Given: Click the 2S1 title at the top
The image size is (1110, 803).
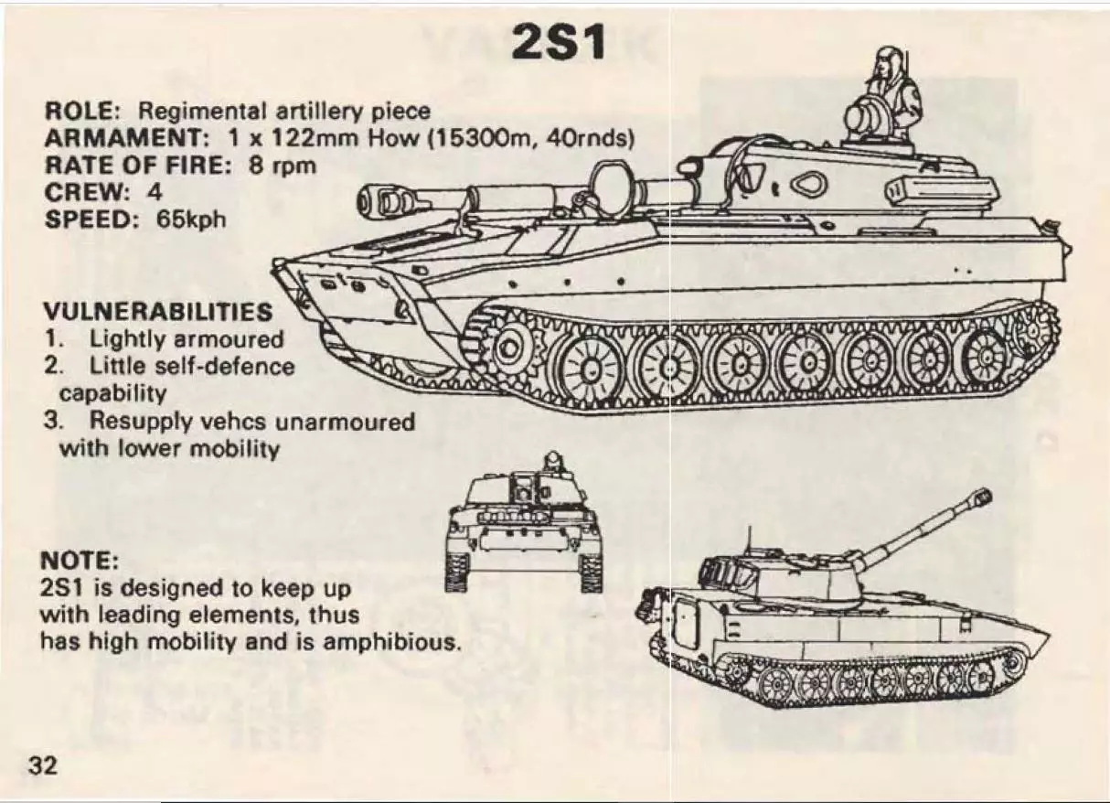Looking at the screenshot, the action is click(x=559, y=42).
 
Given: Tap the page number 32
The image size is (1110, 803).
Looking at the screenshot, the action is click(x=43, y=766).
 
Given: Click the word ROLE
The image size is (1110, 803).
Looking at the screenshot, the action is click(x=81, y=111).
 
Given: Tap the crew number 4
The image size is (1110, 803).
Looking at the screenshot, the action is click(x=155, y=192).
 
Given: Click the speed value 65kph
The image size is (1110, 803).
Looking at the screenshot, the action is click(x=191, y=219).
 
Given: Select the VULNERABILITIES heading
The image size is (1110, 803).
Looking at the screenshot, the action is click(x=158, y=312).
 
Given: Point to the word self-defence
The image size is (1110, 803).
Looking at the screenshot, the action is click(x=225, y=367).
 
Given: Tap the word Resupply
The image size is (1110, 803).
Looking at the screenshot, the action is click(x=141, y=423).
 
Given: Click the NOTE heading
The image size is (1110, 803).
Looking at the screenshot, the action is click(x=80, y=562).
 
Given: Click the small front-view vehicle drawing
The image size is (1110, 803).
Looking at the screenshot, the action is click(x=524, y=523).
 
